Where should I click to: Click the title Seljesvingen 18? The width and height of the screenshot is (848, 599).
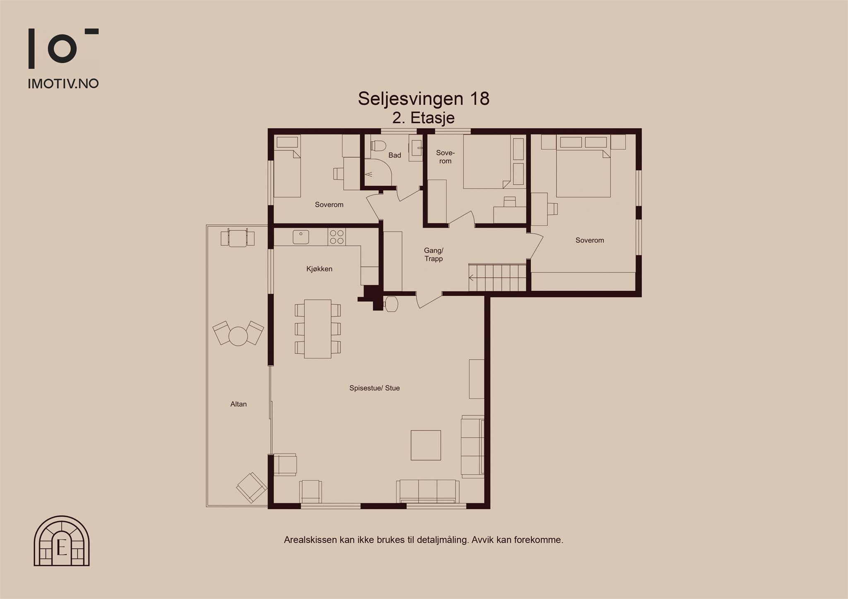(x=424, y=98)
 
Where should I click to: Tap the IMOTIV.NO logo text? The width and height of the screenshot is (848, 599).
(x=63, y=84)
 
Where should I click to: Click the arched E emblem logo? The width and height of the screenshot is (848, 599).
(x=62, y=541)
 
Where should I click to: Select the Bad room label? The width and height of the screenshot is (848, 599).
(x=395, y=155)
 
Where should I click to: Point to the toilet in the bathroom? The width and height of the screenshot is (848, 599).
(x=378, y=146)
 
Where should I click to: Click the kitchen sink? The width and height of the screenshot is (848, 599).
(x=301, y=237)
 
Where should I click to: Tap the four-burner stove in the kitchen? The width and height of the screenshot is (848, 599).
(x=337, y=237)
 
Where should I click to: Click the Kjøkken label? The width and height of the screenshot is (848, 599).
(x=319, y=269)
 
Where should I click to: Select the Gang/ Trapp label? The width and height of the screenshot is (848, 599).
(x=434, y=254)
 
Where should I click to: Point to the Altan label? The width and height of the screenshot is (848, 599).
(x=238, y=404)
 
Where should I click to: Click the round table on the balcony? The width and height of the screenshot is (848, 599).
(x=238, y=336)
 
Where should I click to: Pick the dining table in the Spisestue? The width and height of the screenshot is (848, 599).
(x=318, y=329)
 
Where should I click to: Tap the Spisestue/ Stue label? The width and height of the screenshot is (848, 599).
(x=374, y=388)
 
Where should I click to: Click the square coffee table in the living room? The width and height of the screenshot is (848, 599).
(x=426, y=445)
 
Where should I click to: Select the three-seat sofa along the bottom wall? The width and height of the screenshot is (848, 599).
(x=428, y=491)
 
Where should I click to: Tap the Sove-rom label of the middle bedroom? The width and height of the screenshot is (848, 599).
(x=446, y=157)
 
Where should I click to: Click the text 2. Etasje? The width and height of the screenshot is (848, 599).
(x=424, y=118)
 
